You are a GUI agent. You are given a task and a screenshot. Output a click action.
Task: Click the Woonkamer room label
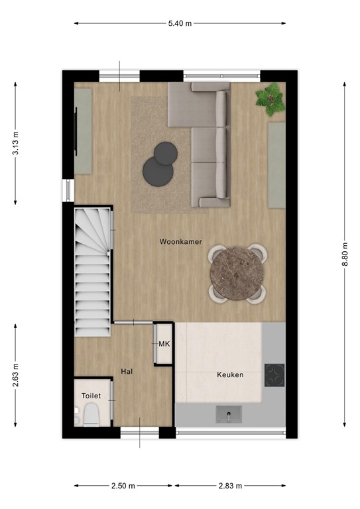180,243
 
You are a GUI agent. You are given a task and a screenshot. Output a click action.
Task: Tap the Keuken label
230,375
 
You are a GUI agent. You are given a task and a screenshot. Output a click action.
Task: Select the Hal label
127,372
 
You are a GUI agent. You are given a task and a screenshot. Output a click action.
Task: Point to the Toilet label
91,396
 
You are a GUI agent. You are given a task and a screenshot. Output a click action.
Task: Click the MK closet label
164,343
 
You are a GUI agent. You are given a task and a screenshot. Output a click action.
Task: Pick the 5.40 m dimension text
180,23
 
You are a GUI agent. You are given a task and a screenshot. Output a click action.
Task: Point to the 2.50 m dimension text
123,486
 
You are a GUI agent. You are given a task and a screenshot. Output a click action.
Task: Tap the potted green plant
270,99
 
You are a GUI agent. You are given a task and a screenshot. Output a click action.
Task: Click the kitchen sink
229,416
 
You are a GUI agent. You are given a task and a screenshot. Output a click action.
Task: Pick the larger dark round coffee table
158,172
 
